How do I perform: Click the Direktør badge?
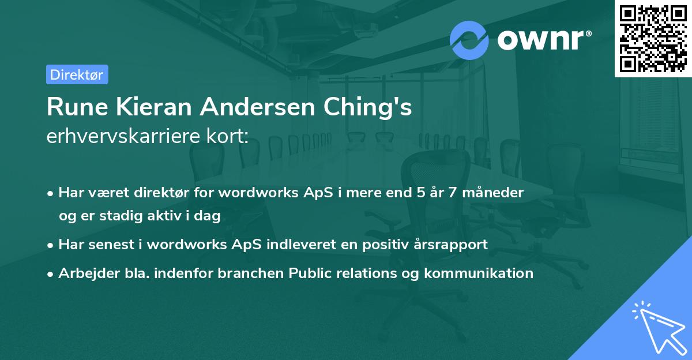point(76,74)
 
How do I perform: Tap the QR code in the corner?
point(653,38)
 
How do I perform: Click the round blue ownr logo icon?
point(469,40)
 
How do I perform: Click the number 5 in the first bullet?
point(412,193)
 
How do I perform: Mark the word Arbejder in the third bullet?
point(84,273)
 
